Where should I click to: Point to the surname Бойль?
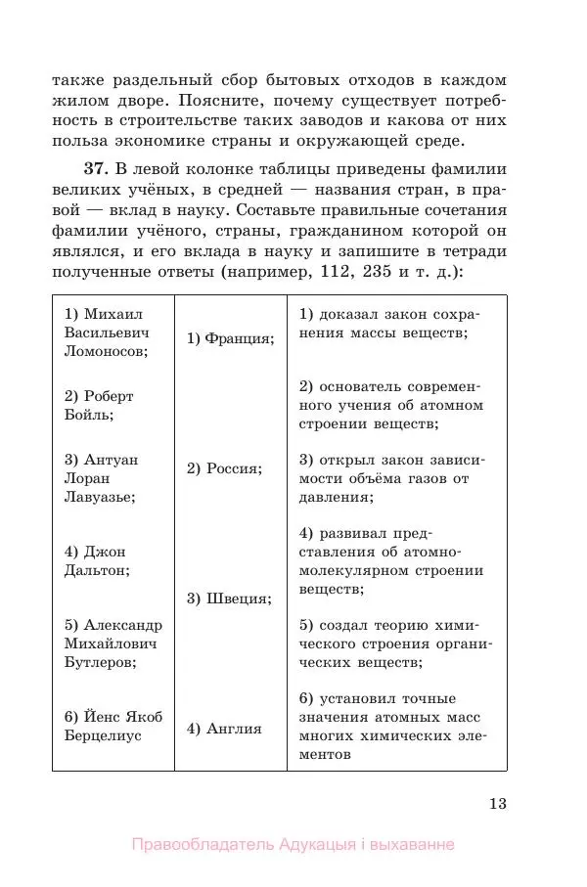tap(87, 415)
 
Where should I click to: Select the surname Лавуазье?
tap(99, 496)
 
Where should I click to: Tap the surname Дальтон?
tap(96, 570)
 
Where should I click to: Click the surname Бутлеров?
tap(100, 660)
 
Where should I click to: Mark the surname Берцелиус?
tap(103, 735)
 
